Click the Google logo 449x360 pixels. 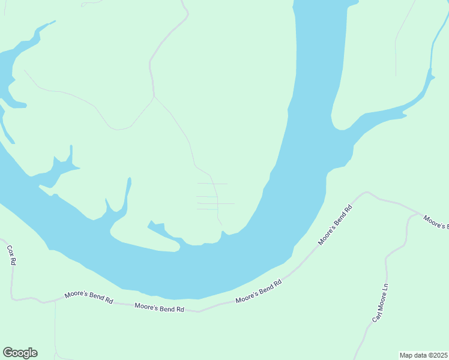[20, 353]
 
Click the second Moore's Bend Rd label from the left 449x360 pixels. [159, 307]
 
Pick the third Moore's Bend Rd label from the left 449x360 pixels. [259, 292]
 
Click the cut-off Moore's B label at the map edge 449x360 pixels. [436, 221]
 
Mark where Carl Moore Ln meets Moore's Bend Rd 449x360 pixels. [418, 213]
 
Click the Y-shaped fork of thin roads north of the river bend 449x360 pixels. [154, 96]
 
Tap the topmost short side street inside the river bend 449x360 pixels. [212, 184]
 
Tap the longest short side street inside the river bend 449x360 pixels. [215, 203]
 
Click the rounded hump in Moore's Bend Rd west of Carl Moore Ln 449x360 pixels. [367, 193]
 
